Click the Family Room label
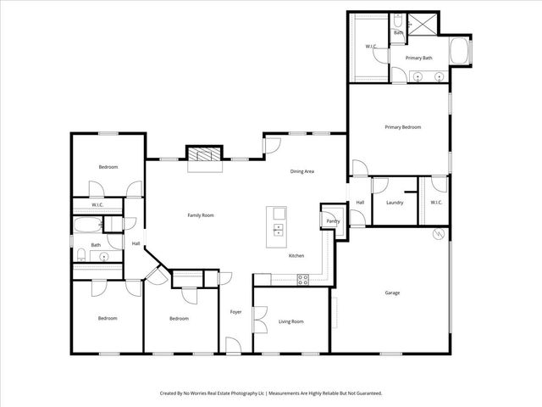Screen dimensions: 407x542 tap(200, 215)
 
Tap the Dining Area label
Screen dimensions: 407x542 tap(302, 172)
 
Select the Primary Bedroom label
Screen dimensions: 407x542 tap(402, 127)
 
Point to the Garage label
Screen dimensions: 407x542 tap(392, 293)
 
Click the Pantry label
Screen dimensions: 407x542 tap(332, 221)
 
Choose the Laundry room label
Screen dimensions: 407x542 tap(394, 203)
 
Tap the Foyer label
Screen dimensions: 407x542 tap(235, 312)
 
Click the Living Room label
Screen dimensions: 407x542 tap(290, 322)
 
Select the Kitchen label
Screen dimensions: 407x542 tap(296, 256)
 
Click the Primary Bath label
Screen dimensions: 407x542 tap(418, 58)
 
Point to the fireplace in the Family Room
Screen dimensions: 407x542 tap(203, 154)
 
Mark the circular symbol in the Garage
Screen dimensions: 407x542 tap(438, 235)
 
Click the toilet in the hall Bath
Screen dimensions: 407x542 tap(80, 255)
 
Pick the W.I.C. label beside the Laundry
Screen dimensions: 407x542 tap(435, 203)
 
